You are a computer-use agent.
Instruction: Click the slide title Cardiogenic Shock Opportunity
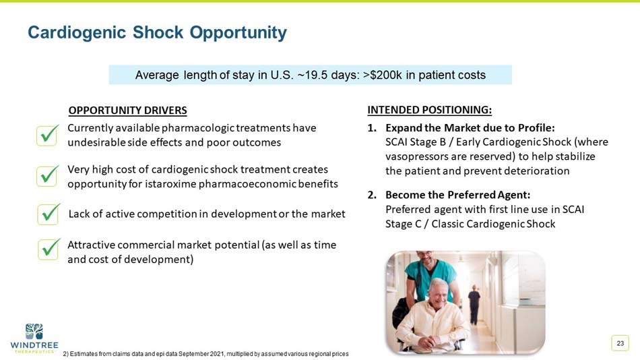[x=157, y=32]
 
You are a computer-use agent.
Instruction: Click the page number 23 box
[x=620, y=344]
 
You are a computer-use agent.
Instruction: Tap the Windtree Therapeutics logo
[x=34, y=337]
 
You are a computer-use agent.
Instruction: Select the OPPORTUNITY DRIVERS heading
[x=127, y=111]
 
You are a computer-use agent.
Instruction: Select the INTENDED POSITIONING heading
[x=429, y=110]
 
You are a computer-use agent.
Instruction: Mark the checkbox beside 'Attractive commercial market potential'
[x=48, y=249]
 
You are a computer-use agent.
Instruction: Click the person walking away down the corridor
[x=474, y=303]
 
